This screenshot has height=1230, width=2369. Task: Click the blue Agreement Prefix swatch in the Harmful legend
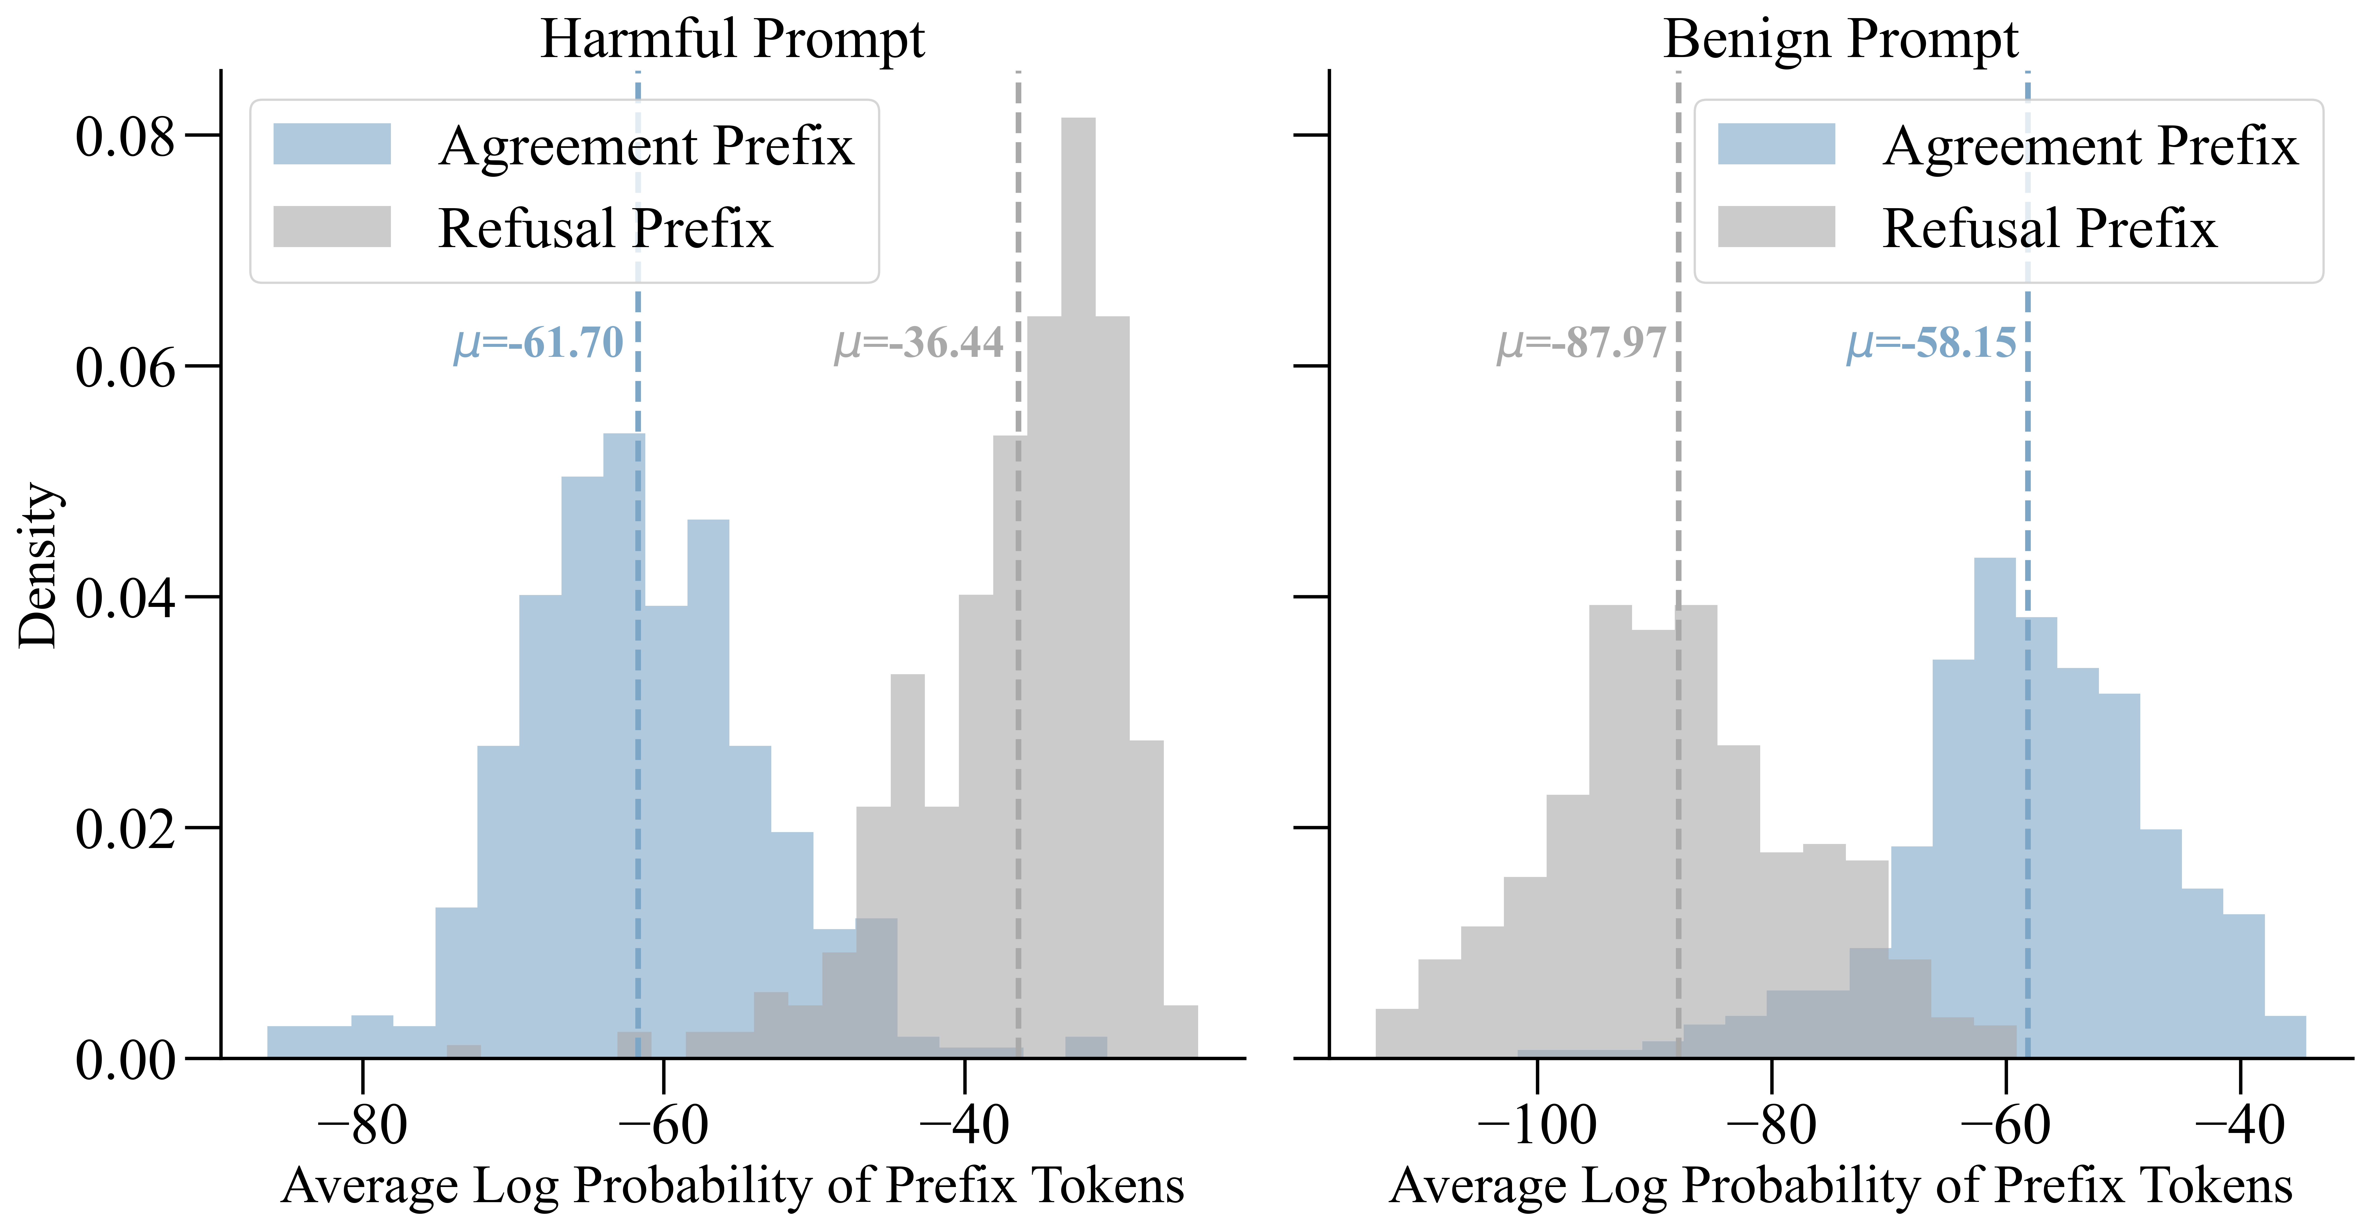332,144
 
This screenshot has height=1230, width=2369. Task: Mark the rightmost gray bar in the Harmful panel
1181,1031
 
